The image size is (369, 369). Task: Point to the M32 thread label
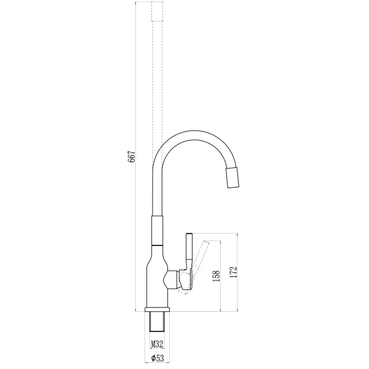pos(157,344)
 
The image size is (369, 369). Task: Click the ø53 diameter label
pos(157,359)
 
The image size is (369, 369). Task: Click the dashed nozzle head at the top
pos(157,12)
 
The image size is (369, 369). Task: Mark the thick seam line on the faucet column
pos(157,245)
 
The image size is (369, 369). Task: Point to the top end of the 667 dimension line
pos(136,2)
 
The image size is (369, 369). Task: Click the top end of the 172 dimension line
pos(237,234)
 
